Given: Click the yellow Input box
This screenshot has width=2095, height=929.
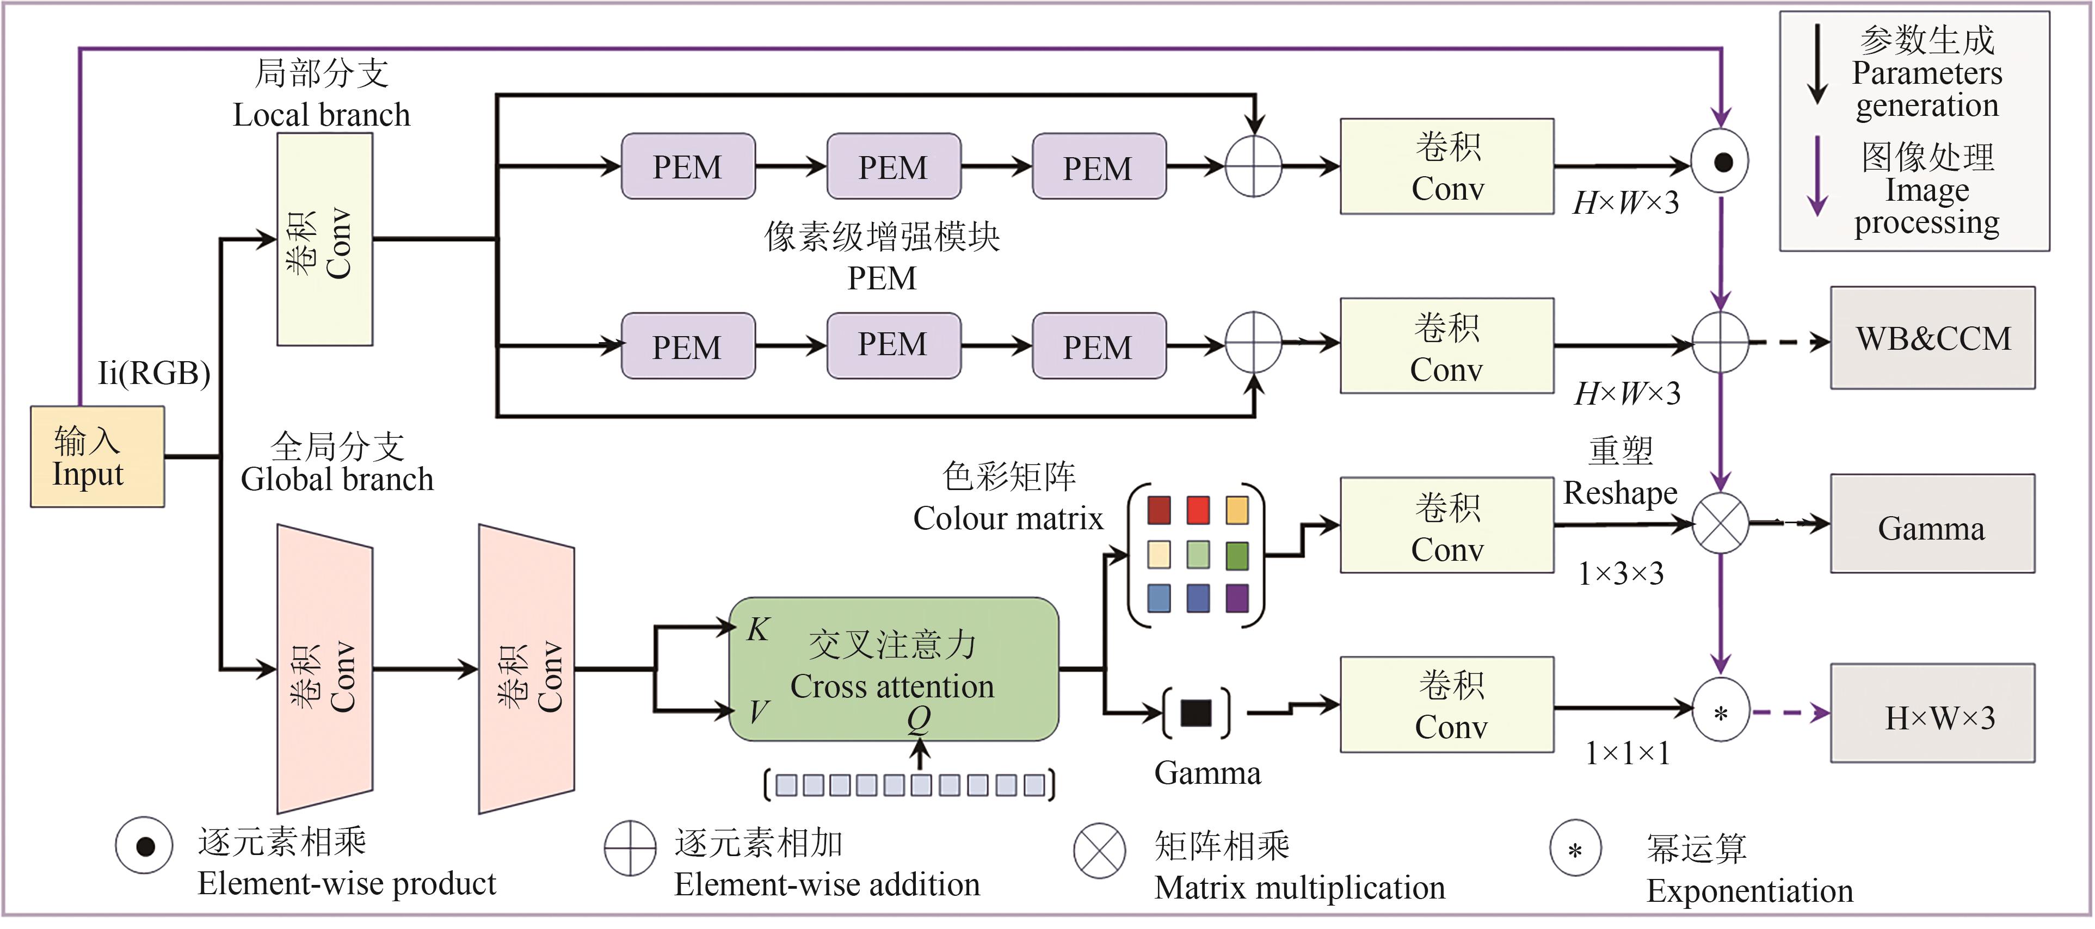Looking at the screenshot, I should point(97,457).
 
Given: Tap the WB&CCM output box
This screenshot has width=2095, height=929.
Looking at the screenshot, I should point(1932,338).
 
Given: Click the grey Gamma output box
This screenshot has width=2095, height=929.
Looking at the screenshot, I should point(1932,525).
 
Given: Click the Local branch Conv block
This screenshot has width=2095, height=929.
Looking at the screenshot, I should point(324,240).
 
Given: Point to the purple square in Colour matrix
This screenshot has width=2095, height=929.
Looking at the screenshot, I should point(1237,598).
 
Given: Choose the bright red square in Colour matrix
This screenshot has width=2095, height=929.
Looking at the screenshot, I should point(1198,510).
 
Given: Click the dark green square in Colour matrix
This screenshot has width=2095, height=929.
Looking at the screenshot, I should point(1237,555).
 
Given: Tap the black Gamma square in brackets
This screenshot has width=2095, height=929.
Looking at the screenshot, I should point(1196,713).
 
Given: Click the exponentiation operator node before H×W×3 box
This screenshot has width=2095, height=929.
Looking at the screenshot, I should point(1720,714).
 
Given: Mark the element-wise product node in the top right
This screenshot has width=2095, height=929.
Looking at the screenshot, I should point(1721,162).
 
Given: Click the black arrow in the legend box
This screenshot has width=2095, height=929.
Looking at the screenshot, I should point(1817,65).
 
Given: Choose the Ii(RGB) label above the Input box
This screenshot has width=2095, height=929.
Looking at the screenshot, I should point(153,373).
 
